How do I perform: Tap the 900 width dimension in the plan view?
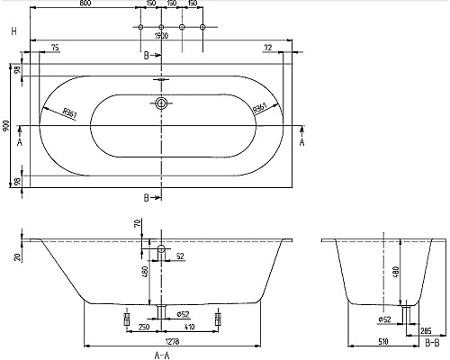point(7,126)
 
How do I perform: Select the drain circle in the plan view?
point(161,104)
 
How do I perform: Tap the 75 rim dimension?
point(55,46)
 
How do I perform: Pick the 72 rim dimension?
point(268,46)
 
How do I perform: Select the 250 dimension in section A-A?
point(144,328)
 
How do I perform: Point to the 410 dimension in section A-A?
point(189,328)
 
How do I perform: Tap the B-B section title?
point(433,343)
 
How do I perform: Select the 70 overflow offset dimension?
point(137,223)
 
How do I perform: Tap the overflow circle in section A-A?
point(161,247)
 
